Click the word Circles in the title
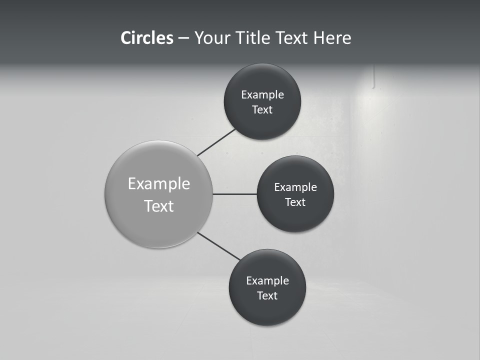[x=146, y=38]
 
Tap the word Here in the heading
[x=332, y=38]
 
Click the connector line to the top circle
[x=216, y=142]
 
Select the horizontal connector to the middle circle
[x=234, y=194]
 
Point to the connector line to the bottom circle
[x=219, y=246]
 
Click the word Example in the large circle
[x=159, y=184]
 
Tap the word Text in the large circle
[x=159, y=206]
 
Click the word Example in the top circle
[x=262, y=95]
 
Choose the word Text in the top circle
[x=262, y=110]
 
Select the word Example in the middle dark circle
[x=295, y=187]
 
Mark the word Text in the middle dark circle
[x=295, y=202]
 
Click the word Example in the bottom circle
[x=267, y=281]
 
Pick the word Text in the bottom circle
[x=267, y=296]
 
